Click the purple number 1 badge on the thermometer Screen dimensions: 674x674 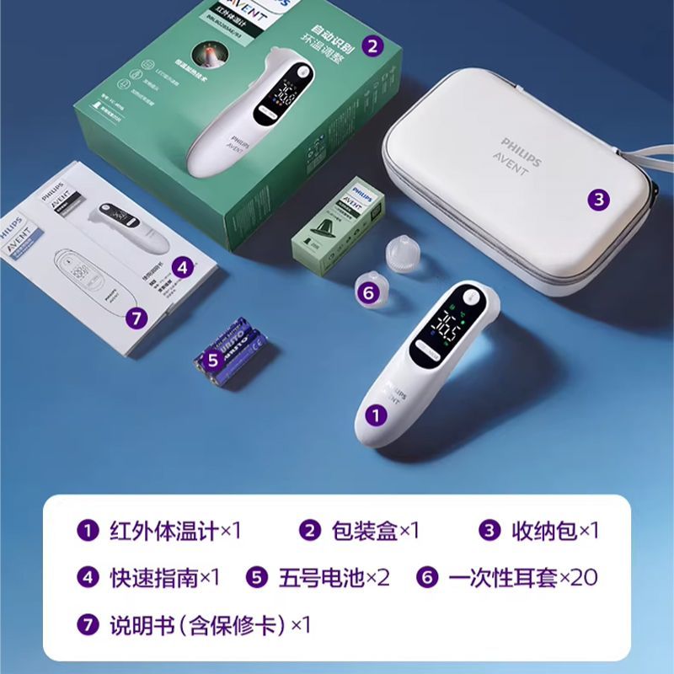click(x=376, y=414)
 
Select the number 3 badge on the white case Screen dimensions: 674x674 click(x=597, y=200)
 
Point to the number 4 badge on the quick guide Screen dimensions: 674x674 click(x=181, y=267)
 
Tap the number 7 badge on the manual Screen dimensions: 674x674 click(x=136, y=318)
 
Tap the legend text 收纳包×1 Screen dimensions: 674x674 click(x=554, y=531)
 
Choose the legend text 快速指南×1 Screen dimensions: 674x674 click(x=164, y=578)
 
